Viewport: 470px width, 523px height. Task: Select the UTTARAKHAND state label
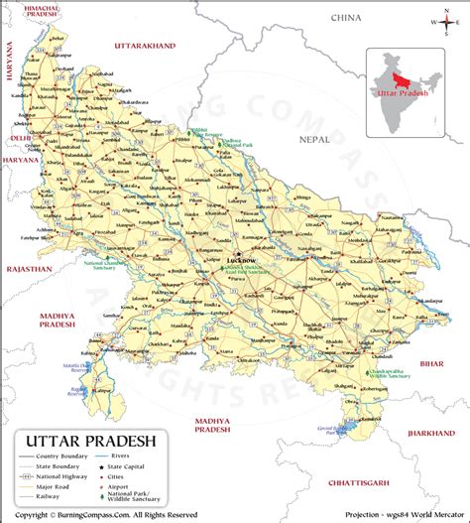pyautogui.click(x=145, y=46)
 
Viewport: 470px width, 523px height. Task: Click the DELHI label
pyautogui.click(x=20, y=138)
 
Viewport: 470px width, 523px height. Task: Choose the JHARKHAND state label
pyautogui.click(x=432, y=434)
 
